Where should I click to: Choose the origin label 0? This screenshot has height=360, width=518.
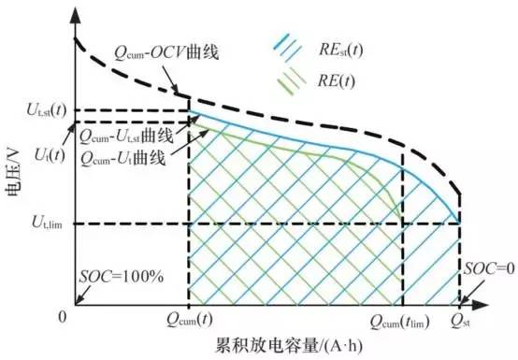pyautogui.click(x=63, y=316)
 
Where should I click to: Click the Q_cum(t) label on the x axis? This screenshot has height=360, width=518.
pyautogui.click(x=189, y=324)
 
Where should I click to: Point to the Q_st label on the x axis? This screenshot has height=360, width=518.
pyautogui.click(x=461, y=324)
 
